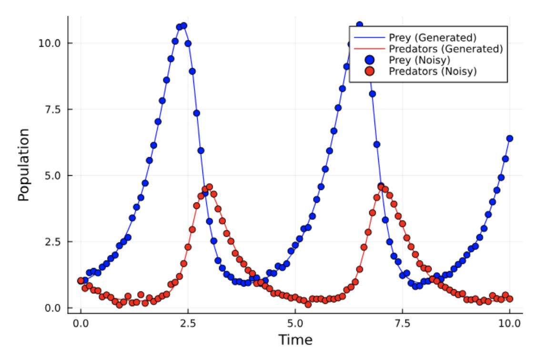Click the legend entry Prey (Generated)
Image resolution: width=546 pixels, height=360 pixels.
click(x=432, y=37)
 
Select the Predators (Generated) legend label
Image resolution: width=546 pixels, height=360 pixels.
click(x=445, y=49)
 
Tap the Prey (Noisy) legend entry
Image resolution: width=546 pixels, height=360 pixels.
click(x=419, y=60)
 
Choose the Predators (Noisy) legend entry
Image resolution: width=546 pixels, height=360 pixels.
click(x=433, y=71)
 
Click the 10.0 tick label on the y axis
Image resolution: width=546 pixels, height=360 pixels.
click(x=50, y=43)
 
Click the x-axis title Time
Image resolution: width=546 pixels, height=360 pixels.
click(x=295, y=340)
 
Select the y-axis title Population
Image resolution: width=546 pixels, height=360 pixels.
click(x=24, y=164)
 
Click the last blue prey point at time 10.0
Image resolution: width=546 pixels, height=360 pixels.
click(x=509, y=138)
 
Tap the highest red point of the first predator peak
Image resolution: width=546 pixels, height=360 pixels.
click(x=209, y=187)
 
